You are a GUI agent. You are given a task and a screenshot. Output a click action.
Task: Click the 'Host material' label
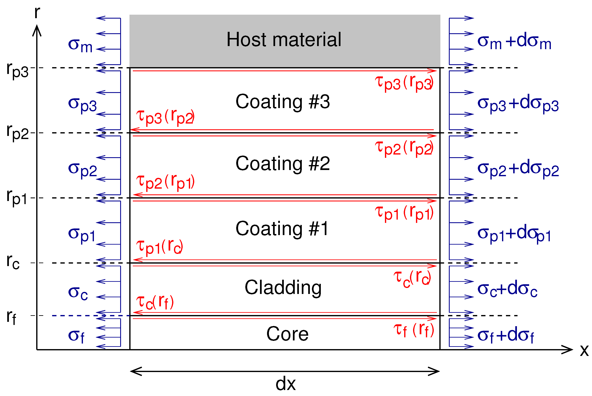(x=284, y=40)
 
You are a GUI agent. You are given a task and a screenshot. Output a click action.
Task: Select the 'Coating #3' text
(x=283, y=102)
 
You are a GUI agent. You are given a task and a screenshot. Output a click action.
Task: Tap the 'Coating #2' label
(x=283, y=164)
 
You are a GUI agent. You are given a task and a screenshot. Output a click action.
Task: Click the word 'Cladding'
(x=283, y=288)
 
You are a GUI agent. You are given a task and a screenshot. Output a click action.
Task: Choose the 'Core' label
(x=287, y=334)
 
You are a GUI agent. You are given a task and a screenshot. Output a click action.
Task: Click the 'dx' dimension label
(x=285, y=383)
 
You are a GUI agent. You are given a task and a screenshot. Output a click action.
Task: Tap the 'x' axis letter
(x=584, y=351)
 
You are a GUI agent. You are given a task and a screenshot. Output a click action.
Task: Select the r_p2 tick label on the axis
(x=17, y=132)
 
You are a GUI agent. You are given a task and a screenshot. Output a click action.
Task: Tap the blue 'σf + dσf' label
(x=506, y=336)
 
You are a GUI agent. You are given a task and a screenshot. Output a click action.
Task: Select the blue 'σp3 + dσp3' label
(x=518, y=103)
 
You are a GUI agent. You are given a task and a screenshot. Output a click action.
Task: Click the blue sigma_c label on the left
(x=78, y=293)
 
